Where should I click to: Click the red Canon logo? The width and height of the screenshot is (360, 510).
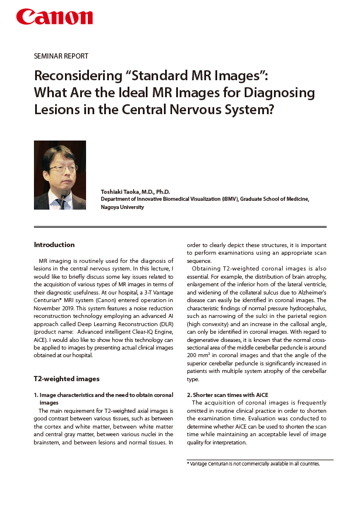(x=54, y=18)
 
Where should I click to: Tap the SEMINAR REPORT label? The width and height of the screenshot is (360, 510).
(x=61, y=56)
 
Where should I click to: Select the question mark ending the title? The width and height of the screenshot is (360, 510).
(x=270, y=109)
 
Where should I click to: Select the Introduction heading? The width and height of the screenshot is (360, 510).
(x=54, y=245)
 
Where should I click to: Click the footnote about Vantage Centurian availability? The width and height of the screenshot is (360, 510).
(x=253, y=464)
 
